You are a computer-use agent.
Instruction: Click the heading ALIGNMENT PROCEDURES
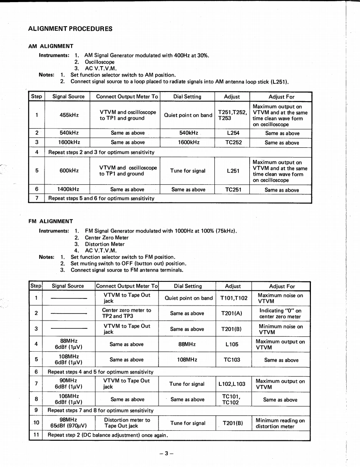click(x=70, y=29)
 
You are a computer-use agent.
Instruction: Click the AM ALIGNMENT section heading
click(x=50, y=46)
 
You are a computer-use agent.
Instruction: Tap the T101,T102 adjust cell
click(x=233, y=298)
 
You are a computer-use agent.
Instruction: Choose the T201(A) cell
click(x=233, y=313)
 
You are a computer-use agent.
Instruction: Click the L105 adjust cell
click(x=233, y=345)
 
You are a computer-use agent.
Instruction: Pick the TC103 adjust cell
click(x=233, y=360)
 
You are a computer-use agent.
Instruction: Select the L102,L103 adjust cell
click(x=233, y=384)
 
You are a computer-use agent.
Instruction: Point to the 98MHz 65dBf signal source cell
click(x=69, y=423)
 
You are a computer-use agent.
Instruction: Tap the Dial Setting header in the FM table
click(x=188, y=286)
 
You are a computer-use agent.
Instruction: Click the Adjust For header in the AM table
click(x=281, y=97)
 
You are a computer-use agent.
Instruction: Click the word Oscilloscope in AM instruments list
click(x=99, y=62)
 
